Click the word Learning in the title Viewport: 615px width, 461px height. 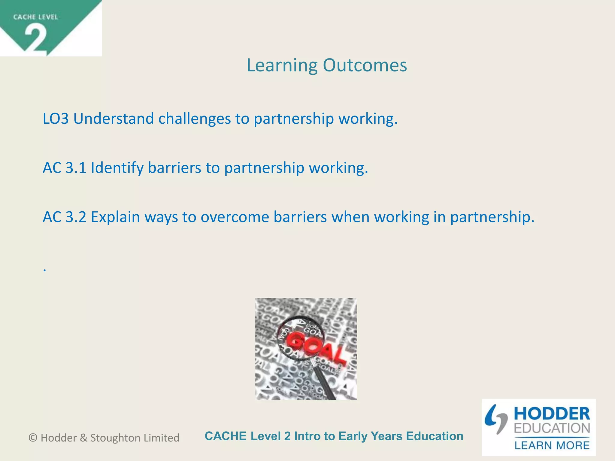click(x=282, y=65)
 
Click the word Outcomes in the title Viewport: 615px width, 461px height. click(x=365, y=65)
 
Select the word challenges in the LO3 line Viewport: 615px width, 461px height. click(x=195, y=119)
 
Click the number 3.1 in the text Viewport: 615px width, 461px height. click(x=76, y=167)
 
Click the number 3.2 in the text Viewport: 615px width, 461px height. click(x=76, y=217)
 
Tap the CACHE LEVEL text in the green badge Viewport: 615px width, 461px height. click(x=35, y=17)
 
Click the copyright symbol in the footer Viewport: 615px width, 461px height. click(x=33, y=438)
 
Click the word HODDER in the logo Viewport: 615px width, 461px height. click(x=552, y=414)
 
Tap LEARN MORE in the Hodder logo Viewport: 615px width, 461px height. click(x=552, y=445)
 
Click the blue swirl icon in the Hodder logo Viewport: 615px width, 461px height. click(x=495, y=419)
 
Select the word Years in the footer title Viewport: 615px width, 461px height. click(x=386, y=436)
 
